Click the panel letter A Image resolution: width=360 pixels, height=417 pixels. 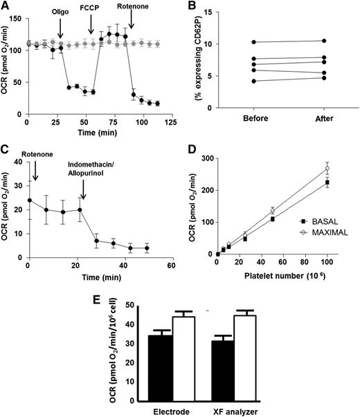6,6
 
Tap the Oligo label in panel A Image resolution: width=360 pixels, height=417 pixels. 61,12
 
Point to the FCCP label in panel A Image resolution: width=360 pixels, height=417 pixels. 91,12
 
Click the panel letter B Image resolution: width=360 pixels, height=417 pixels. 189,6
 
